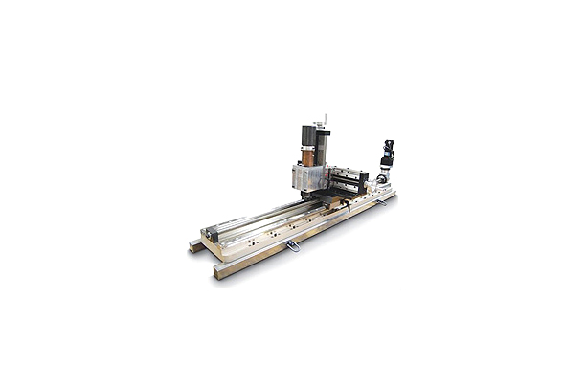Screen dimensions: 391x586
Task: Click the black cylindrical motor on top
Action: (308, 134)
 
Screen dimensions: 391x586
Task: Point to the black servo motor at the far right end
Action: (389, 150)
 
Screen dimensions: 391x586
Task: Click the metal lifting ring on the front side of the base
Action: (293, 247)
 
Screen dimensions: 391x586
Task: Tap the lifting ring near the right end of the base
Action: (381, 199)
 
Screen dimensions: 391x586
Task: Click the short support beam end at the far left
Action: (196, 246)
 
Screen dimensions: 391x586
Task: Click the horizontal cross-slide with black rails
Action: (346, 178)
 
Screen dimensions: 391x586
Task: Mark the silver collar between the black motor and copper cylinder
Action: (307, 146)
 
